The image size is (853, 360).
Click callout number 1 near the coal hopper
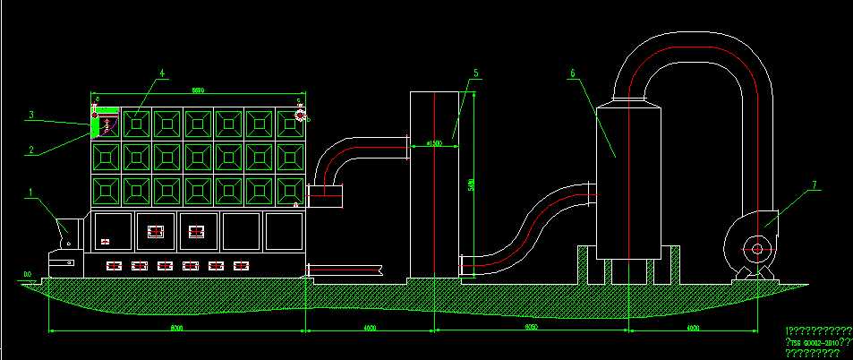tap(30, 192)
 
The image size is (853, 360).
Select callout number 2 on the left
tap(30, 150)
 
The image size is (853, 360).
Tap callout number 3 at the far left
tap(30, 115)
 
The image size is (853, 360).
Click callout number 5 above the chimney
tap(476, 72)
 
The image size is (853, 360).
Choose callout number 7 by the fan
tap(815, 185)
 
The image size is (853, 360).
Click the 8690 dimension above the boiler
tap(199, 89)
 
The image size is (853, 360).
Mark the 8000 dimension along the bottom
tap(176, 330)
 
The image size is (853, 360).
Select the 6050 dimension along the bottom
tap(530, 330)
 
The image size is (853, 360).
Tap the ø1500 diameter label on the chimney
tap(436, 142)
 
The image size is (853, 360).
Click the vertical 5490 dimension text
tap(472, 185)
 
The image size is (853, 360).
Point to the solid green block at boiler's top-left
tap(95, 125)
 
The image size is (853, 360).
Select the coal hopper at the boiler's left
tap(69, 233)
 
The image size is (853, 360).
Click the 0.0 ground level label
tap(28, 273)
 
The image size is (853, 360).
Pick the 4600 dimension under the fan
tap(693, 330)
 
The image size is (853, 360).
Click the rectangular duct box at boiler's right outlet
tap(324, 194)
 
